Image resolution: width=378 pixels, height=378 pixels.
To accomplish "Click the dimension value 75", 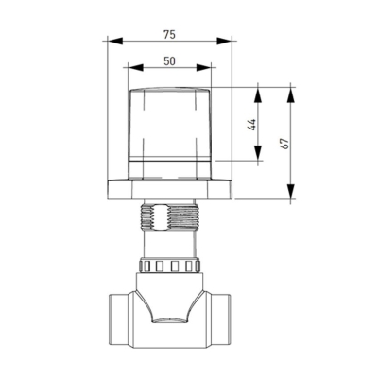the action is pyautogui.click(x=169, y=35).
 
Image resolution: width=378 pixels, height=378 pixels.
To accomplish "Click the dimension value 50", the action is pyautogui.click(x=169, y=61).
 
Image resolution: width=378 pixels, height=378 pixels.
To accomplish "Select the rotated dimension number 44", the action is pyautogui.click(x=252, y=125).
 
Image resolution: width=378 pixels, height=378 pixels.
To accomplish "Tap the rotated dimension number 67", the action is pyautogui.click(x=284, y=144).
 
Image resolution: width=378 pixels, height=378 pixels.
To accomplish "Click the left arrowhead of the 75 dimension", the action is pyautogui.click(x=114, y=41).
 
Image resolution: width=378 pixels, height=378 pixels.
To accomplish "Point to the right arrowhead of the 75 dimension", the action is pyautogui.click(x=224, y=41).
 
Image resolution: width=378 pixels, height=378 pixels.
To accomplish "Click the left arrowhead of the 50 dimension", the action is pyautogui.click(x=136, y=67).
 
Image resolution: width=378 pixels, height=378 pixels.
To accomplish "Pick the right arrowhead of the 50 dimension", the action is pyautogui.click(x=203, y=67).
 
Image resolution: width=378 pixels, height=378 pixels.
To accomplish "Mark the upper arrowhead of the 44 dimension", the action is pyautogui.click(x=258, y=94).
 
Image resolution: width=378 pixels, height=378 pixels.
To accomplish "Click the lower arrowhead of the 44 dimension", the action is pyautogui.click(x=258, y=153).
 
